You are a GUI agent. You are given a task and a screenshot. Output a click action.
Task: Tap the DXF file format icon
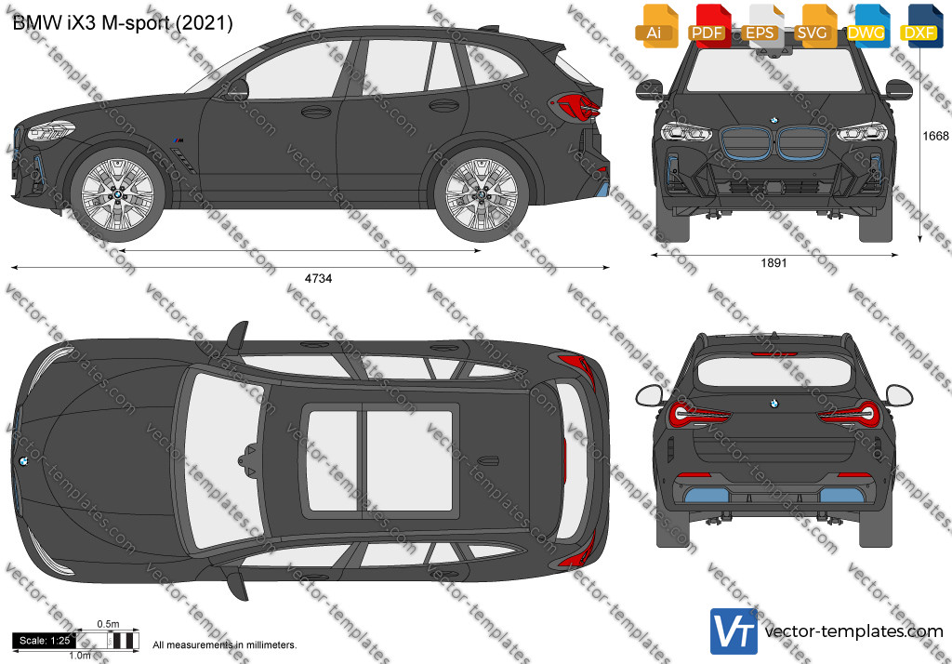pos(921,26)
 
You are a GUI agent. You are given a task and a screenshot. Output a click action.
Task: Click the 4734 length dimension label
pos(318,279)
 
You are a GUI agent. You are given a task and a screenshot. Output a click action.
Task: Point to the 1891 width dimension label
pos(773,263)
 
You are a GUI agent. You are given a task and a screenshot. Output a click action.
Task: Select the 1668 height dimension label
pos(935,136)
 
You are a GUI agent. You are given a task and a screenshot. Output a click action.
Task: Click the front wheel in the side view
pos(117,194)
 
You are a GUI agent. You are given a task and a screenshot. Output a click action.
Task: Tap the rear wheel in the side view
pos(482,194)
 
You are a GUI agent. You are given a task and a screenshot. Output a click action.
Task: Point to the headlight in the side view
pos(51,130)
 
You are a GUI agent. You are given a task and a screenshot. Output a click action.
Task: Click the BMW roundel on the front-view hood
pos(774,120)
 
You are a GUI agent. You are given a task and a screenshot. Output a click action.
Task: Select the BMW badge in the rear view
pos(774,404)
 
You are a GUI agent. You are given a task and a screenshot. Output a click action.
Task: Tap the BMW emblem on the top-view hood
pos(22,461)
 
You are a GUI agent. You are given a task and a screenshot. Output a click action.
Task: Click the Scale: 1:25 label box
pos(45,641)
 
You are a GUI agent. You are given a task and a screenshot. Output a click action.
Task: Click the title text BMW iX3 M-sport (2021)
pos(123,23)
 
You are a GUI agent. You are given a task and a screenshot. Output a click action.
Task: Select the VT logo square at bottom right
pos(734,631)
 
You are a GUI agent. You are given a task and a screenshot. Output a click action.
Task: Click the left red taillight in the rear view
pos(699,414)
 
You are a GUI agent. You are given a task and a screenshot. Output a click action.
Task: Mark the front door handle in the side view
pos(316,112)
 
